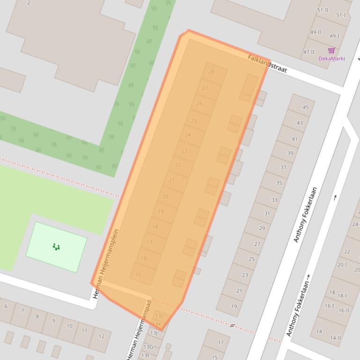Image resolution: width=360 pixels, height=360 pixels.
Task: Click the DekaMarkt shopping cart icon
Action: point(331,50)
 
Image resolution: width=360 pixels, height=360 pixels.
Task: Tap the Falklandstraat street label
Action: point(267,64)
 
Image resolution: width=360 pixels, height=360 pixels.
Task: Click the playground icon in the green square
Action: point(56,246)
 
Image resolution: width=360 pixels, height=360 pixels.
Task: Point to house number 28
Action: point(212,72)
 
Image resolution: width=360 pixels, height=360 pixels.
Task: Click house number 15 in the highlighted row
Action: point(138,275)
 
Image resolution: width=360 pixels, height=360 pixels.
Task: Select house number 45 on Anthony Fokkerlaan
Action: point(306,107)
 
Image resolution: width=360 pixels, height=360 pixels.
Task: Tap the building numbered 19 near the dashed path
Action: point(234,307)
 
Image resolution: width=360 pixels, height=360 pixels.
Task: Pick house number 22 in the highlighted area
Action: point(178,165)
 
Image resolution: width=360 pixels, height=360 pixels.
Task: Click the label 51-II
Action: point(323,10)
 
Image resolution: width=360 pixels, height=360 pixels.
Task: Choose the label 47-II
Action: point(309,52)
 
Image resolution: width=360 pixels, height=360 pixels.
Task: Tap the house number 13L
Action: point(159,316)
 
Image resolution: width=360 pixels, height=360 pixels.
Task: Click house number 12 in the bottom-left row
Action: point(101,336)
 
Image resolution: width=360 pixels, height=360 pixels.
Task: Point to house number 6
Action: point(6,306)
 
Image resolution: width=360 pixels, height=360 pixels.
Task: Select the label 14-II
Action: point(335,338)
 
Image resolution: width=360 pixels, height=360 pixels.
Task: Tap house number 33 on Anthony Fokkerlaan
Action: point(274,200)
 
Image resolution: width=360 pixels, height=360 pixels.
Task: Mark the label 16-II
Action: point(344,310)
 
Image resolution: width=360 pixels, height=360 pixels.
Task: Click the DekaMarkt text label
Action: point(332,58)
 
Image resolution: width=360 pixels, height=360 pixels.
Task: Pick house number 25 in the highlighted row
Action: point(194,121)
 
